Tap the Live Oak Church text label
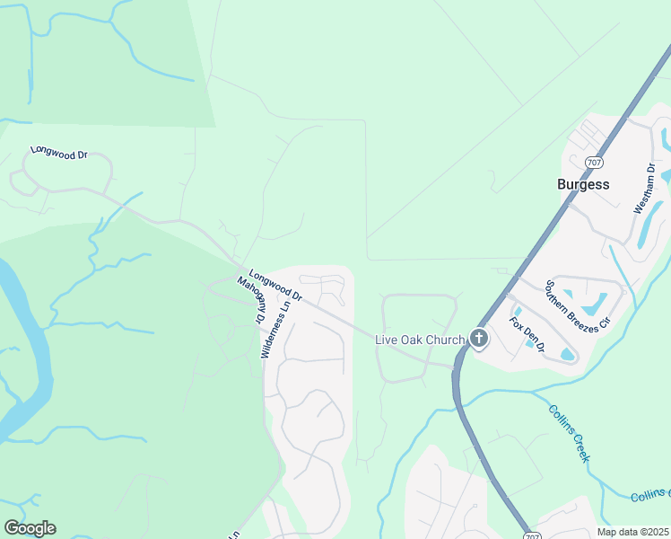pyautogui.click(x=420, y=339)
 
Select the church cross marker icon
pyautogui.click(x=479, y=339)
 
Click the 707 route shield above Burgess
pyautogui.click(x=593, y=163)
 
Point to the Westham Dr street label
pyautogui.click(x=642, y=189)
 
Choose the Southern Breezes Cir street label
pyautogui.click(x=571, y=305)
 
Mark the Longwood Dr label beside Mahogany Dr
pyautogui.click(x=275, y=287)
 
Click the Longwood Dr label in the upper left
pyautogui.click(x=58, y=153)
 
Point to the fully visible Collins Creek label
pyautogui.click(x=569, y=433)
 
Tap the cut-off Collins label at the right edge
pyautogui.click(x=650, y=496)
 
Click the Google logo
pyautogui.click(x=30, y=528)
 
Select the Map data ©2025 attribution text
pyautogui.click(x=632, y=532)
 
